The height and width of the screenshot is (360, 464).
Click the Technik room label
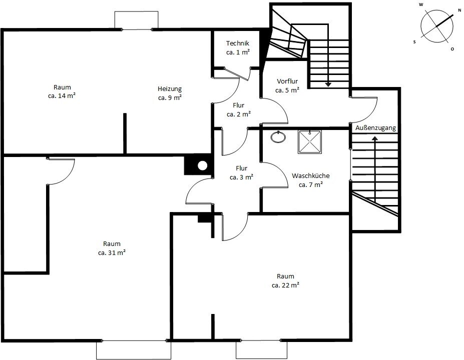[238, 43]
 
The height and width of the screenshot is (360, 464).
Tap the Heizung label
[170, 88]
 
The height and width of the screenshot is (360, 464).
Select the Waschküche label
[310, 175]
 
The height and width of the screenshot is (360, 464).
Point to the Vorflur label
[287, 81]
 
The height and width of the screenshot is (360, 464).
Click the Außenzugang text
[375, 128]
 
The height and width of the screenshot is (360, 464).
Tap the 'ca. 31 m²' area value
[112, 252]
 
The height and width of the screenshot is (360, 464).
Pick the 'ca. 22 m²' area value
[285, 285]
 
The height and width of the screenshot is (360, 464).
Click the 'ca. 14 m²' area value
[62, 96]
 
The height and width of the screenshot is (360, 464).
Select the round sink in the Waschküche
[278, 137]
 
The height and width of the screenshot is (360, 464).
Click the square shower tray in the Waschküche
[309, 142]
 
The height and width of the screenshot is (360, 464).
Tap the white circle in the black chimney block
[202, 166]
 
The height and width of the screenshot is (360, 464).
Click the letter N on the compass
[459, 10]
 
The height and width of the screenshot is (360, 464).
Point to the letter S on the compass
[414, 42]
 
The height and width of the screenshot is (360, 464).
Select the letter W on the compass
[421, 4]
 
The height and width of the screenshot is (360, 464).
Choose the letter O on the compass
[452, 49]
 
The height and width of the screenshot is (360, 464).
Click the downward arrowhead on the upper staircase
[328, 84]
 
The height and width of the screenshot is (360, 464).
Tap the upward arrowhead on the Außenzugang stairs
[375, 138]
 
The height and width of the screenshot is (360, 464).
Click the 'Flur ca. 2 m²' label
[239, 109]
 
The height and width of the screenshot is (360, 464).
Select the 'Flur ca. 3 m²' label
[241, 172]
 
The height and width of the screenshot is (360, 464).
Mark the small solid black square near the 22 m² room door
[204, 218]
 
